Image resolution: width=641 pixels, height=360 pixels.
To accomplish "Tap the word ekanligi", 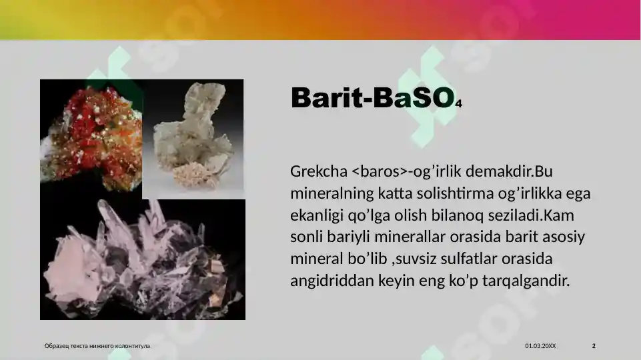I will (317, 216).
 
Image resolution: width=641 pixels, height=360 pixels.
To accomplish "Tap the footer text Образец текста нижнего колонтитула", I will (97, 346).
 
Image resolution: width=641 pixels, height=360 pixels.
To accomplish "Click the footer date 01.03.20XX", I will (540, 346).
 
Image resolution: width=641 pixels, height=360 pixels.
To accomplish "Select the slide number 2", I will (594, 346).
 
